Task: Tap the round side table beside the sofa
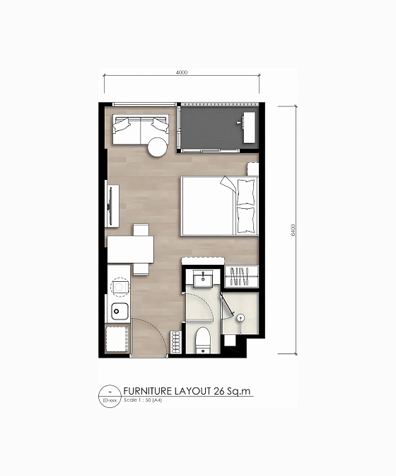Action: click(157, 147)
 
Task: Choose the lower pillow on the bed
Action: click(245, 217)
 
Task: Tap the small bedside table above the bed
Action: click(252, 169)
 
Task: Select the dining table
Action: click(131, 249)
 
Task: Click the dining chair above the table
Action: click(141, 229)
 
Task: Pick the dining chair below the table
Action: click(141, 268)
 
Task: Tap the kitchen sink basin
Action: click(119, 311)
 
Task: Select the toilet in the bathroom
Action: click(202, 339)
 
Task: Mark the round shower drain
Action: click(241, 318)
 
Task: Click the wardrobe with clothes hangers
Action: click(241, 276)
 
